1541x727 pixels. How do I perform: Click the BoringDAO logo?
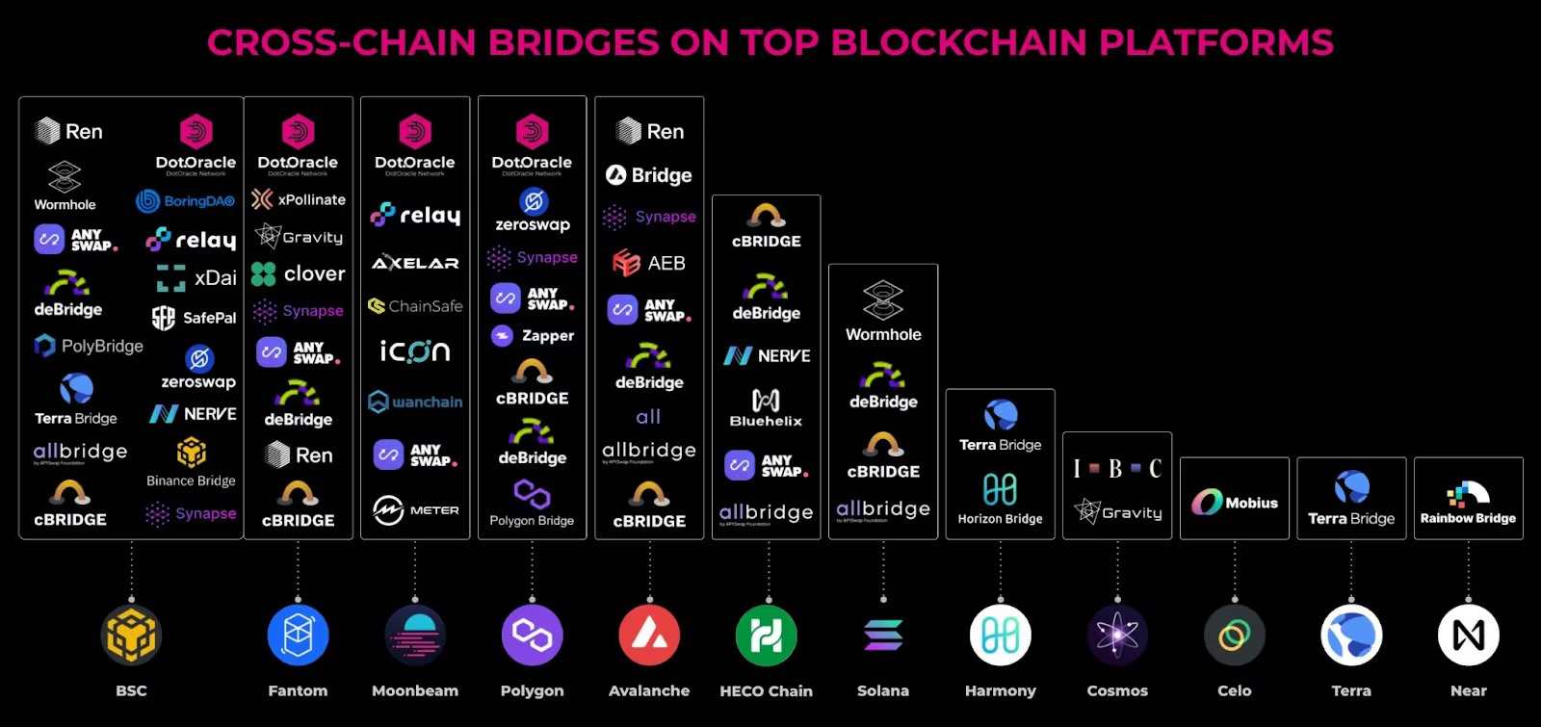click(186, 201)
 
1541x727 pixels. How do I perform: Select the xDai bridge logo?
click(196, 277)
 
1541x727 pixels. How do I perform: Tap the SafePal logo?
click(194, 318)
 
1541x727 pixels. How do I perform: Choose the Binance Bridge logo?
click(191, 462)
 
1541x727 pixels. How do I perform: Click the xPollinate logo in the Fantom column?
click(298, 199)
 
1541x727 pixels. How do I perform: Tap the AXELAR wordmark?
click(415, 263)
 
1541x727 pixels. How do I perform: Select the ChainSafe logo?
click(415, 306)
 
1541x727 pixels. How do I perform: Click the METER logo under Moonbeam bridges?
click(415, 510)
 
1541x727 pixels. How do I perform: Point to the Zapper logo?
click(533, 336)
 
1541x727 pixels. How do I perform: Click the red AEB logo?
click(649, 263)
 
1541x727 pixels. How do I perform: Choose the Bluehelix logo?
click(766, 407)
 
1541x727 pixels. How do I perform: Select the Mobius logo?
click(1234, 503)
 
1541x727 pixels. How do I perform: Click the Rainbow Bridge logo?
click(1468, 504)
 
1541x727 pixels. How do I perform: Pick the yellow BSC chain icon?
click(132, 636)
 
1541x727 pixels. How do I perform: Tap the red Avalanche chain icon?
click(649, 636)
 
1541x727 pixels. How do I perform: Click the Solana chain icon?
click(883, 636)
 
